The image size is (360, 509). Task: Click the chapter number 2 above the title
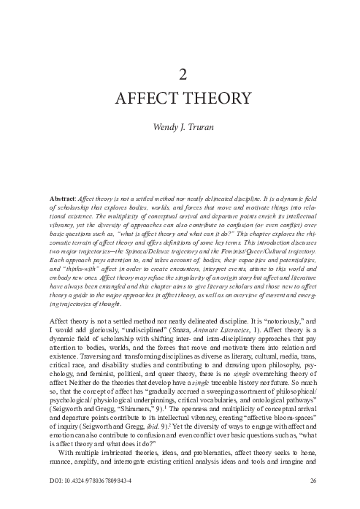pos(180,72)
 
